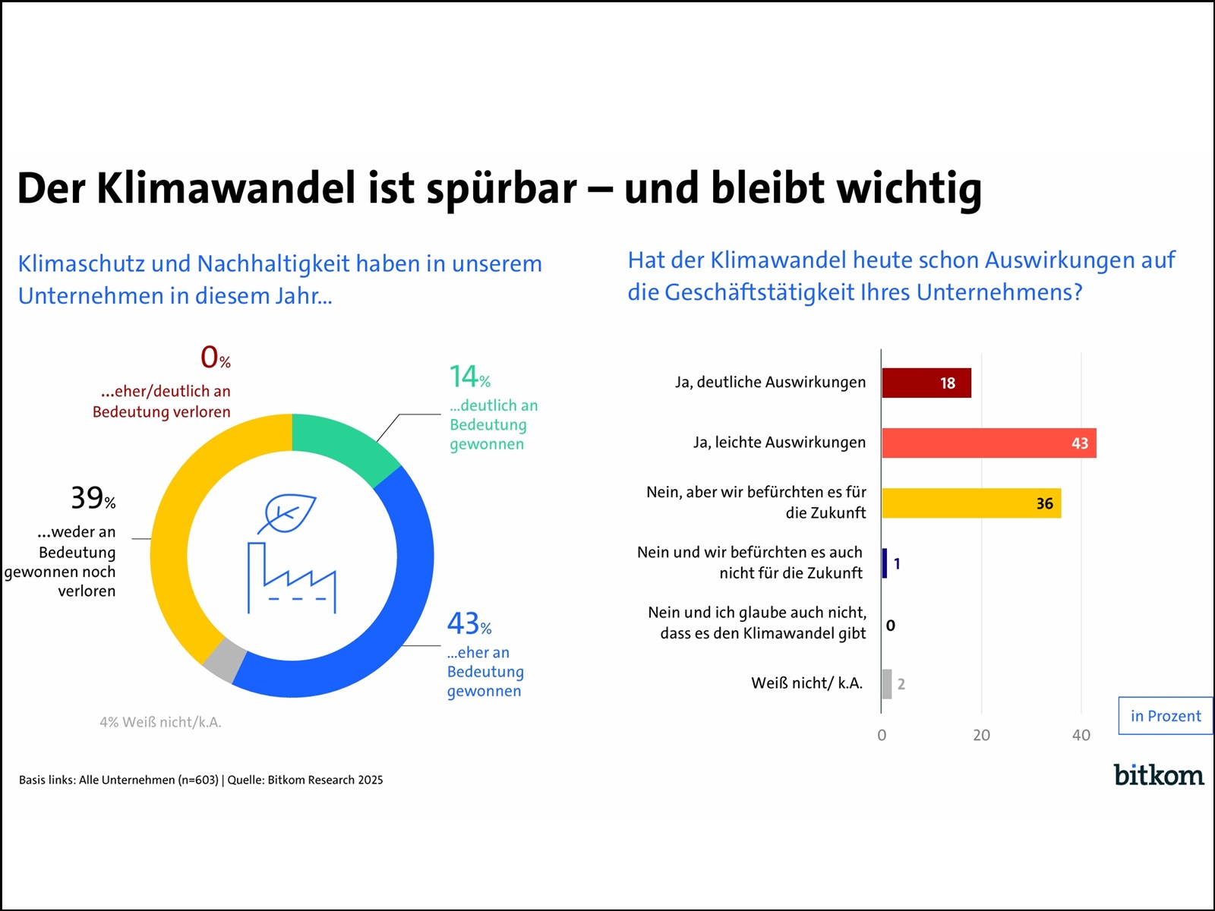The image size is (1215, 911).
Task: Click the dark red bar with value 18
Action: coord(926,383)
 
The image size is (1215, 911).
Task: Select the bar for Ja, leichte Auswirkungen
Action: coord(987,443)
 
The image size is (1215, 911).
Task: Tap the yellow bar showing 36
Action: coord(970,503)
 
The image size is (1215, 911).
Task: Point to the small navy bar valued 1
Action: coord(884,563)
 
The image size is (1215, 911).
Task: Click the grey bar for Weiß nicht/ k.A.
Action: coord(886,684)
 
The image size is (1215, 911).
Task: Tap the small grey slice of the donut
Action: coord(225,660)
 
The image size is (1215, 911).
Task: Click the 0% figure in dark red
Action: coord(215,357)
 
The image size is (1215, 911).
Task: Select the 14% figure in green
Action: coord(469,377)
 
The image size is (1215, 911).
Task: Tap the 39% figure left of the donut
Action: coord(93,498)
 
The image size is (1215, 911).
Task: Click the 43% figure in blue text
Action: coord(469,624)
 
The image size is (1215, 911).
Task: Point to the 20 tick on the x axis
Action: coord(981,735)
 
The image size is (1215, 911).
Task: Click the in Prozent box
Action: coord(1165,716)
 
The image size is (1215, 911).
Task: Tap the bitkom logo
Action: coord(1158,775)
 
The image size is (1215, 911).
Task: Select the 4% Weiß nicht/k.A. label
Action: coord(160,723)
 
